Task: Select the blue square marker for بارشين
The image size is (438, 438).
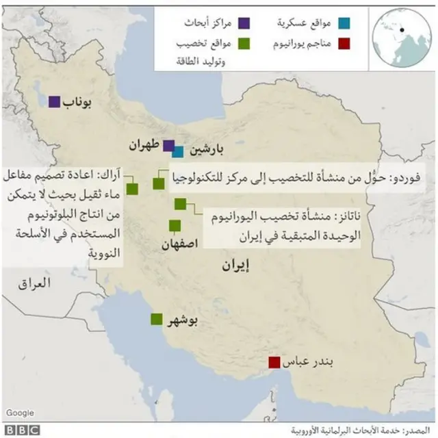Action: click(x=178, y=151)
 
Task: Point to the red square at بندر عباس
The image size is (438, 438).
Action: click(x=274, y=363)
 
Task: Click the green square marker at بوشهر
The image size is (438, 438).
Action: click(x=157, y=319)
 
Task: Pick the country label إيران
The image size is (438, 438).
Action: click(x=237, y=266)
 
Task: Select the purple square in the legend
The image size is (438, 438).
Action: click(x=244, y=24)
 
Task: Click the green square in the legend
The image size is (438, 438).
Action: click(x=244, y=44)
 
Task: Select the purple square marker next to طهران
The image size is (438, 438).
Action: click(x=168, y=145)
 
